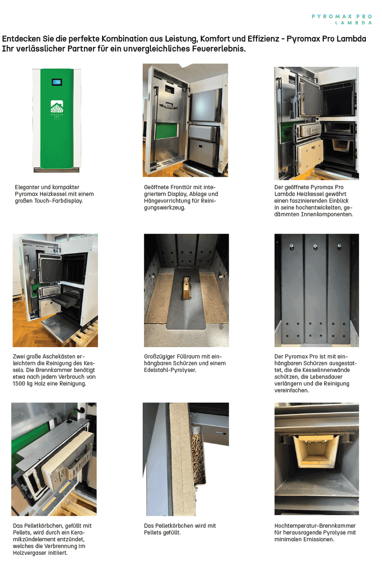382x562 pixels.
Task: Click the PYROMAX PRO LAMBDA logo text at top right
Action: click(342, 20)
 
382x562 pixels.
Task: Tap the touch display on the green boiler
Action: click(57, 82)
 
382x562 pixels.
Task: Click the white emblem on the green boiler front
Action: click(57, 106)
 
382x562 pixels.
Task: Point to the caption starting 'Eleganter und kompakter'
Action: click(54, 194)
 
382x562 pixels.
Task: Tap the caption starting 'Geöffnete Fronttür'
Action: click(181, 197)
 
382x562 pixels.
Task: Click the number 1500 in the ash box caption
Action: click(19, 383)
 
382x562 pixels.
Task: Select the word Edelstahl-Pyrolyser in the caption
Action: click(170, 370)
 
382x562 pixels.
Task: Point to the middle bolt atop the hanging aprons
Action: click(315, 246)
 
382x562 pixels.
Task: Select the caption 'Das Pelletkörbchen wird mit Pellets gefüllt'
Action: click(180, 529)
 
